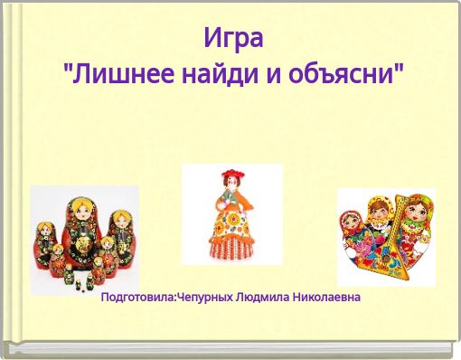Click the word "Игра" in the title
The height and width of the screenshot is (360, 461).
click(232, 39)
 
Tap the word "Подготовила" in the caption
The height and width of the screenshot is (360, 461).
click(137, 297)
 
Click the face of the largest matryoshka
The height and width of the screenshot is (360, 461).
click(79, 213)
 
